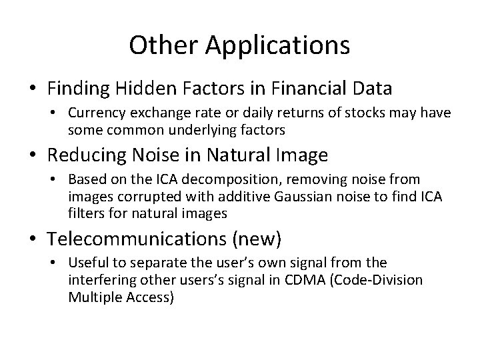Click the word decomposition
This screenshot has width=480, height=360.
click(x=215, y=180)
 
